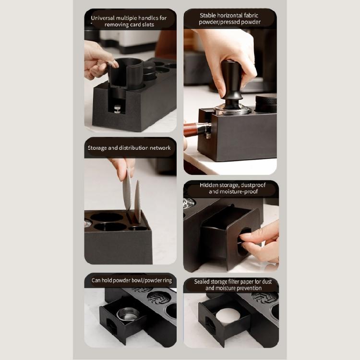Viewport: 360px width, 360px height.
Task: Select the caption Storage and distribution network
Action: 129,148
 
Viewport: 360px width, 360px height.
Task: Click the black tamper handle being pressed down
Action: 232,79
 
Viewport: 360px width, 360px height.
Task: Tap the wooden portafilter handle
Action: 193,130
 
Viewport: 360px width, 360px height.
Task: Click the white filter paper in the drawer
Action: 228,317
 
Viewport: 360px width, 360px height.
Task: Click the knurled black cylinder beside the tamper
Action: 265,103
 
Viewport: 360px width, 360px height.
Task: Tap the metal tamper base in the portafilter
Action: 233,110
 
